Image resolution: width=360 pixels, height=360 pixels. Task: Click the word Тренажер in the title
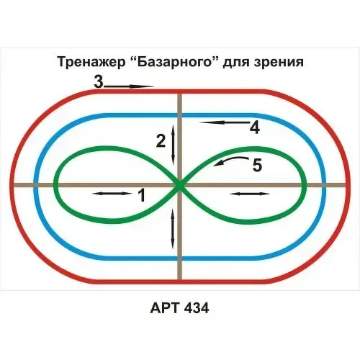91,62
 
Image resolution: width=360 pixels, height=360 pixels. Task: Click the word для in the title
235,63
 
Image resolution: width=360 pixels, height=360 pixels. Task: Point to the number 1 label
142,195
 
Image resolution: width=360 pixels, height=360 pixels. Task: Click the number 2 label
161,141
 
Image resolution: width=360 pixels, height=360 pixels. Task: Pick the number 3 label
99,81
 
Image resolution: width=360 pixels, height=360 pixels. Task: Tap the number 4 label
255,127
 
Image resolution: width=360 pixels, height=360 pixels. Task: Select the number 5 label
257,165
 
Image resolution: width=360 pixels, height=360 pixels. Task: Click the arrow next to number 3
129,86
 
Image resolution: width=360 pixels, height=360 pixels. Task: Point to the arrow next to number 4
225,122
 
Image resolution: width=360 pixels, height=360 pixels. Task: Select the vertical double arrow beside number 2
173,145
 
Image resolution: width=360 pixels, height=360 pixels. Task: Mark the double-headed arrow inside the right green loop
250,194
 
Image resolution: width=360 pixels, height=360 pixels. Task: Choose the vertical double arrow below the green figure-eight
172,229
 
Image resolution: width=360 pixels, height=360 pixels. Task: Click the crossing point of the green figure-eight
179,185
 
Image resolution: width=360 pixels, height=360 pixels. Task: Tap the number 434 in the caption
196,307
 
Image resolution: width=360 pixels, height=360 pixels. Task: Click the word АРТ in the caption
165,307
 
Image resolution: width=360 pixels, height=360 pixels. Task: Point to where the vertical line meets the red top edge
180,91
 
